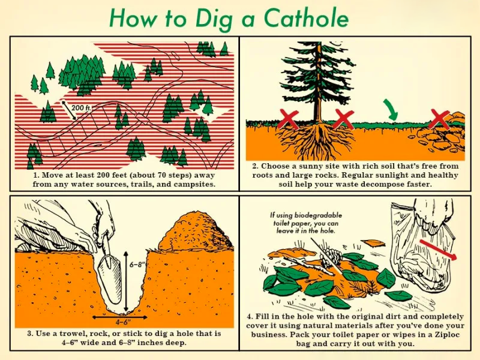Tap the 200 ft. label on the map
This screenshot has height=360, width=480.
[83, 107]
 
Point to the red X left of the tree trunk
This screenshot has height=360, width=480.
[289, 118]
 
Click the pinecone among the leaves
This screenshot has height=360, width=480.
[331, 257]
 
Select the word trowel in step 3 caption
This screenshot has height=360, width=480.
[64, 334]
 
